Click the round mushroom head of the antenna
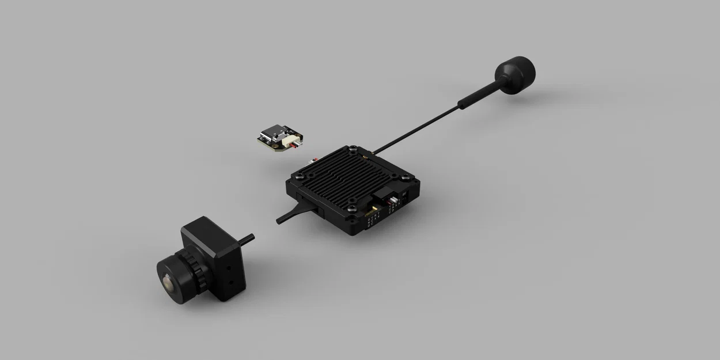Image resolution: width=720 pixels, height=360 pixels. (x=515, y=72)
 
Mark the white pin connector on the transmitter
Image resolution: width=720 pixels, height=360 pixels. (x=395, y=202)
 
